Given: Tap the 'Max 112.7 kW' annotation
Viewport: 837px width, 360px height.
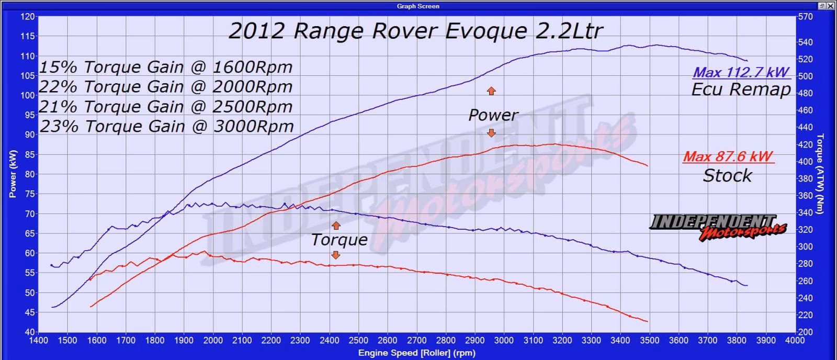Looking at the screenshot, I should click(x=741, y=73).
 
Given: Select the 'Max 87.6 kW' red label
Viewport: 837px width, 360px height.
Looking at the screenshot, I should click(x=728, y=156).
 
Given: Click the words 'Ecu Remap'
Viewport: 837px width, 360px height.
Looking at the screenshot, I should click(x=741, y=89).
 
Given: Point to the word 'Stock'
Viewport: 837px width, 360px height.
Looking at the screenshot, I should click(x=727, y=175).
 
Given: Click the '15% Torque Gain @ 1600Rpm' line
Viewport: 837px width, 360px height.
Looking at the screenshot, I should click(x=166, y=67).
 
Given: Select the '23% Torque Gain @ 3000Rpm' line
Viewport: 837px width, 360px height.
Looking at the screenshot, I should click(x=166, y=127).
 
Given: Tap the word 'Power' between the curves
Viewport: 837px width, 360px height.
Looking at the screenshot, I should click(x=493, y=115).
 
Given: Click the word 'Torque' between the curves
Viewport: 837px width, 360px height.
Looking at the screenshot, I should click(x=339, y=240).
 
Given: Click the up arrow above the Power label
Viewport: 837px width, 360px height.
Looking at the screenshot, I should click(x=491, y=91).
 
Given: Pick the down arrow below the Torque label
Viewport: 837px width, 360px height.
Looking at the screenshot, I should click(x=336, y=255).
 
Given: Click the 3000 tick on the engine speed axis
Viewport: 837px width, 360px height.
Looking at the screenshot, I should click(x=504, y=340).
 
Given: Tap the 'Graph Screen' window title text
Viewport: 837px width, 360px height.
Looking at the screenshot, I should click(x=418, y=6).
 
